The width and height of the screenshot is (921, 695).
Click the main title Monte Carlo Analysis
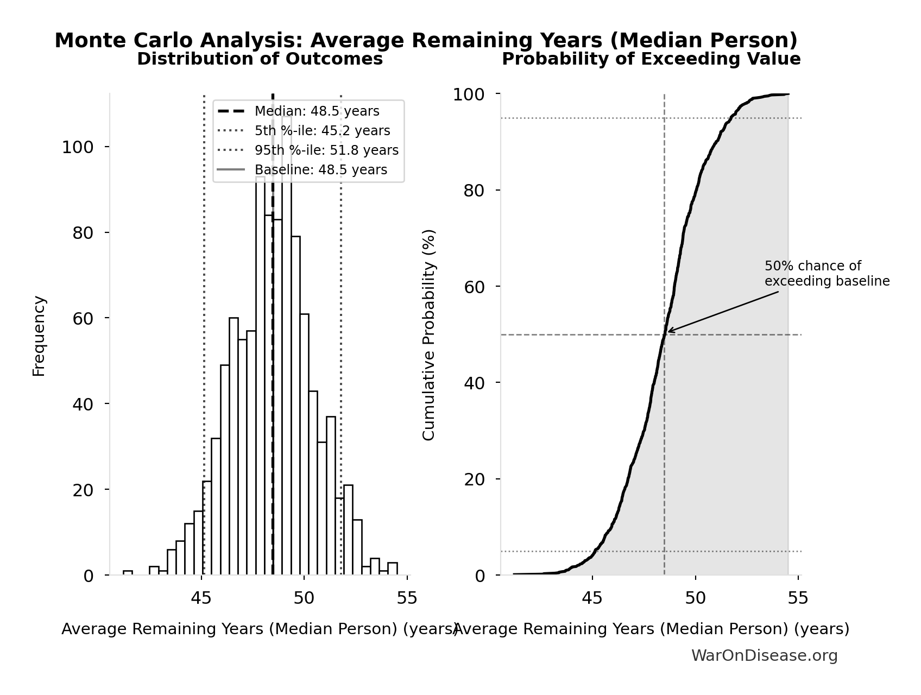pyautogui.click(x=426, y=41)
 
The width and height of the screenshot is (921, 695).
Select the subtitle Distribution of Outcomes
pyautogui.click(x=260, y=59)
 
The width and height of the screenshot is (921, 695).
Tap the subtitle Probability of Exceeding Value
pyautogui.click(x=651, y=59)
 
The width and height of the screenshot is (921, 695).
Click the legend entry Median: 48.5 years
pyautogui.click(x=317, y=111)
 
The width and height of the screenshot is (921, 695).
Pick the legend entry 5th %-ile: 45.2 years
pyautogui.click(x=322, y=131)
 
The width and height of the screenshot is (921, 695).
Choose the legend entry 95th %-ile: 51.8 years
pyautogui.click(x=326, y=150)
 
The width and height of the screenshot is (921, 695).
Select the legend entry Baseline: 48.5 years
pyautogui.click(x=321, y=170)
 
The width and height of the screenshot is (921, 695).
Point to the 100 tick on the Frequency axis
pyautogui.click(x=78, y=147)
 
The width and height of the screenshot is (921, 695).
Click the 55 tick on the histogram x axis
pyautogui.click(x=407, y=598)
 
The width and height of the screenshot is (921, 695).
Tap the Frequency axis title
pyautogui.click(x=39, y=336)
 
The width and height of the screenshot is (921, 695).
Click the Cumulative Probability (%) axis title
pyautogui.click(x=429, y=334)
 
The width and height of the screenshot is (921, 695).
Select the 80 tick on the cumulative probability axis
pyautogui.click(x=474, y=191)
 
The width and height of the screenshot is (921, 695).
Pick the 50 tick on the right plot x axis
pyautogui.click(x=695, y=598)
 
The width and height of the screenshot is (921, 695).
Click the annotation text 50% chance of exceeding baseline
pyautogui.click(x=827, y=274)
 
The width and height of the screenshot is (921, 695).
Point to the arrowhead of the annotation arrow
pyautogui.click(x=668, y=331)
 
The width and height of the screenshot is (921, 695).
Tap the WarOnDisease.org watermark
pyautogui.click(x=764, y=656)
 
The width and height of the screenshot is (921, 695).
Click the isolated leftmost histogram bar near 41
pyautogui.click(x=128, y=573)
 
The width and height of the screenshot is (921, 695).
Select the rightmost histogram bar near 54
pyautogui.click(x=393, y=568)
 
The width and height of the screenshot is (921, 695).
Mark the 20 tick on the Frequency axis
pyautogui.click(x=83, y=490)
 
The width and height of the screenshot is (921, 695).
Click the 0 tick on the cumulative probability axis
pyautogui.click(x=480, y=576)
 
